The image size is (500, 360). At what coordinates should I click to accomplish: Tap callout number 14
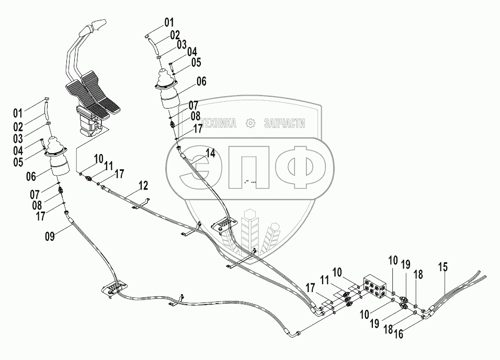click(210, 153)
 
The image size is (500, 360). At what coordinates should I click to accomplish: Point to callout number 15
click(443, 267)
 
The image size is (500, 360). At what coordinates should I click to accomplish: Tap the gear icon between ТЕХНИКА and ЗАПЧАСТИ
click(251, 123)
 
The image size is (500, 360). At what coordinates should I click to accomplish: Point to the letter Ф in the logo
click(300, 167)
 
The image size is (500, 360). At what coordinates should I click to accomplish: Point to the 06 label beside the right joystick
click(201, 82)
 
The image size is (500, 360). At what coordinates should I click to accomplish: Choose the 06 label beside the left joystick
click(30, 177)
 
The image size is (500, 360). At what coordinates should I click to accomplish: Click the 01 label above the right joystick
click(168, 22)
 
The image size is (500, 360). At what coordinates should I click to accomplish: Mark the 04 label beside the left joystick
click(18, 150)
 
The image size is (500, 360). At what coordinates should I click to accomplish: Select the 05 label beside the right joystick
click(196, 63)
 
